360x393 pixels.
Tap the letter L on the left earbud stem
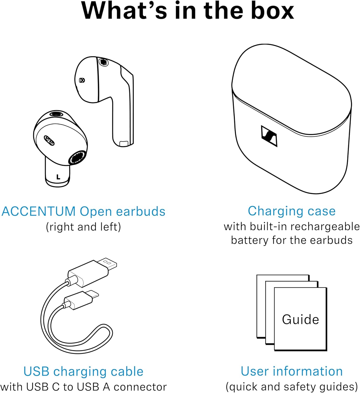coord(58,177)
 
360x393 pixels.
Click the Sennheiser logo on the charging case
coord(269,136)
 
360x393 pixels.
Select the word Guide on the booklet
coord(300,319)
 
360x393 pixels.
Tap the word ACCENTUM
coord(39,211)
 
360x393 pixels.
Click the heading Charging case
coord(291,211)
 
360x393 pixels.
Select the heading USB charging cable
coord(83,371)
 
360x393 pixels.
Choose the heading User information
coord(291,371)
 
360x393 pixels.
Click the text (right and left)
coord(83,227)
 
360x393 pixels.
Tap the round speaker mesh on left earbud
coord(77,158)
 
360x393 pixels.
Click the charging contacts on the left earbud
coord(49,140)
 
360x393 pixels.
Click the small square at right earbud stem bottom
coord(123,143)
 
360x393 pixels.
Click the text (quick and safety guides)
coord(291,386)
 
